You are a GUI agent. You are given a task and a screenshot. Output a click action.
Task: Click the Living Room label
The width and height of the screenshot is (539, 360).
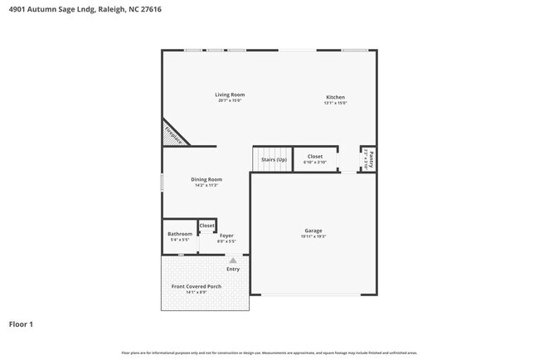pyautogui.click(x=230, y=95)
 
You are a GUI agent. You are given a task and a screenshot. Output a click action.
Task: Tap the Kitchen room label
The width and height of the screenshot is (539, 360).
pyautogui.click(x=335, y=97)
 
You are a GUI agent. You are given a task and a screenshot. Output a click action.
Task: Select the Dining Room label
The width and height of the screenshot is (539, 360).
pyautogui.click(x=206, y=179)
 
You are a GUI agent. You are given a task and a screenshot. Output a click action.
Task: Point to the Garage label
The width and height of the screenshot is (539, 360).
pyautogui.click(x=313, y=231)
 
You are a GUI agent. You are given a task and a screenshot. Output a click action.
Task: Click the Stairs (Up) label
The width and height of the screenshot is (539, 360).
pyautogui.click(x=274, y=158)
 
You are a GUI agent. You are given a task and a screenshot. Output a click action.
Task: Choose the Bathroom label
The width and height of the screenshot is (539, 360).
pyautogui.click(x=180, y=234)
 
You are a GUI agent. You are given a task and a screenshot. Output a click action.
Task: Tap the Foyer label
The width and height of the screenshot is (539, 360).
pyautogui.click(x=226, y=236)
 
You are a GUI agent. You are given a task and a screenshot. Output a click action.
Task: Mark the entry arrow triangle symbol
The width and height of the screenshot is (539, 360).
pyautogui.click(x=233, y=260)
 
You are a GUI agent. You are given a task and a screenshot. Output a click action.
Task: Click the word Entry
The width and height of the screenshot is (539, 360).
pyautogui.click(x=233, y=269)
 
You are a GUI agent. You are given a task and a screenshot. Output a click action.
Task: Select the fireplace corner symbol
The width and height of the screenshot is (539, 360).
pyautogui.click(x=172, y=134)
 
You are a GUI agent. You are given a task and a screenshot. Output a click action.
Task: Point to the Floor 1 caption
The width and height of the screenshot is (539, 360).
pyautogui.click(x=21, y=324)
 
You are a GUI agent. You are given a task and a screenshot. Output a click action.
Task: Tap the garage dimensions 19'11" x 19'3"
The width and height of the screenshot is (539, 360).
pyautogui.click(x=313, y=236)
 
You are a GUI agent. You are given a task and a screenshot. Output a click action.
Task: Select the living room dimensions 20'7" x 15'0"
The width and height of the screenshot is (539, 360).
pyautogui.click(x=230, y=100)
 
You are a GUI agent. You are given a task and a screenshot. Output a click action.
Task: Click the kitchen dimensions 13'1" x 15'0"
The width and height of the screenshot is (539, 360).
pyautogui.click(x=335, y=103)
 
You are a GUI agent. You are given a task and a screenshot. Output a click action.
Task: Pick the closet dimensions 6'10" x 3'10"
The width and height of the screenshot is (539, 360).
pyautogui.click(x=315, y=162)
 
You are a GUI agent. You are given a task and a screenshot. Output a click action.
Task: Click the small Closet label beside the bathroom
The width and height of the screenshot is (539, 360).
pyautogui.click(x=207, y=226)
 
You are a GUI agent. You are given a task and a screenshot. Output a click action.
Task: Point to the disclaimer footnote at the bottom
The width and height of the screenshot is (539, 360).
pyautogui.click(x=269, y=353)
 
